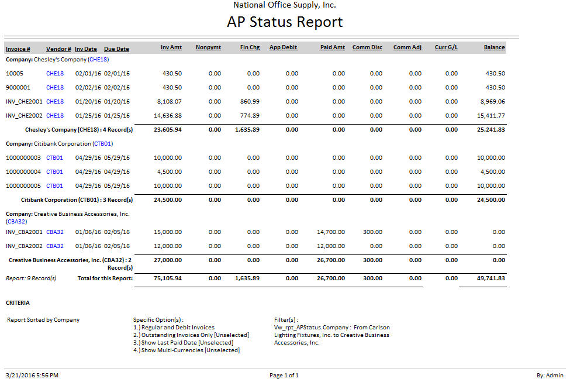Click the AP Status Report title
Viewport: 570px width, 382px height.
click(285, 22)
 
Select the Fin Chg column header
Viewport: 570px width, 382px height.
click(250, 47)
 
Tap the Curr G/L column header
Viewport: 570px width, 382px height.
click(446, 47)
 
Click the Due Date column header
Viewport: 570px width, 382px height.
click(116, 49)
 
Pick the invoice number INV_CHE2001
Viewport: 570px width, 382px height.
click(24, 102)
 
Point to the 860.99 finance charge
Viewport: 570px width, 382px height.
click(250, 102)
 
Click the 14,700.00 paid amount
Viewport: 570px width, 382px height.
click(331, 232)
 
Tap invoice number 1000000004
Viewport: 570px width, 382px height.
click(24, 172)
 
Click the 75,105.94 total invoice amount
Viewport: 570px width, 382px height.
click(168, 278)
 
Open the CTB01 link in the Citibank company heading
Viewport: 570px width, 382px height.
click(102, 143)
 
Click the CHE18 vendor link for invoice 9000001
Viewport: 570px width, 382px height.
click(55, 88)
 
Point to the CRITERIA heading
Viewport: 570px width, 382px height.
click(18, 303)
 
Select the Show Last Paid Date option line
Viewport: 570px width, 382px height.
click(183, 343)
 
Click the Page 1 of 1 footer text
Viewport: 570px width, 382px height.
click(284, 376)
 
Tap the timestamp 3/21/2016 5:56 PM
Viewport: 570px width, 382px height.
click(32, 376)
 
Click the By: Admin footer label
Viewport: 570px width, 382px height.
click(550, 376)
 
